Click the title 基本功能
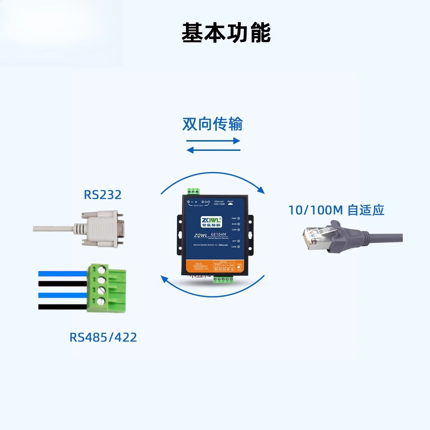[x=226, y=33]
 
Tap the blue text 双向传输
[x=212, y=124]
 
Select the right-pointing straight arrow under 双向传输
[x=213, y=141]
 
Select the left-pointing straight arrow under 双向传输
[x=213, y=150]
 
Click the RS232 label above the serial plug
[x=102, y=195]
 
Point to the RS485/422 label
[x=103, y=337]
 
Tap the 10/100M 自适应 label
[x=336, y=210]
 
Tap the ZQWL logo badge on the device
[x=211, y=222]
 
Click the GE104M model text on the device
[x=219, y=234]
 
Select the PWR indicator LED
[x=238, y=218]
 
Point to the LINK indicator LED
[x=238, y=247]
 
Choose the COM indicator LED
[x=238, y=230]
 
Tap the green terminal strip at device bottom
[x=224, y=279]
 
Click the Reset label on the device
[x=230, y=201]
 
